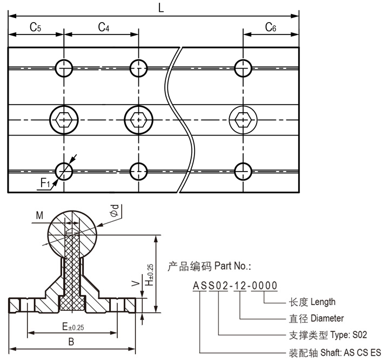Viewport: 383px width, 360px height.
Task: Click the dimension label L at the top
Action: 161,7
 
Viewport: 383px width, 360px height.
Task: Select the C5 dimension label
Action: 35,28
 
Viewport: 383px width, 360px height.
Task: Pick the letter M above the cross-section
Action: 39,216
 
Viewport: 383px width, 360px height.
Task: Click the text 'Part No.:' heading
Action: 232,266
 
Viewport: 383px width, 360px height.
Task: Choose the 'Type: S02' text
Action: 352,335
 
